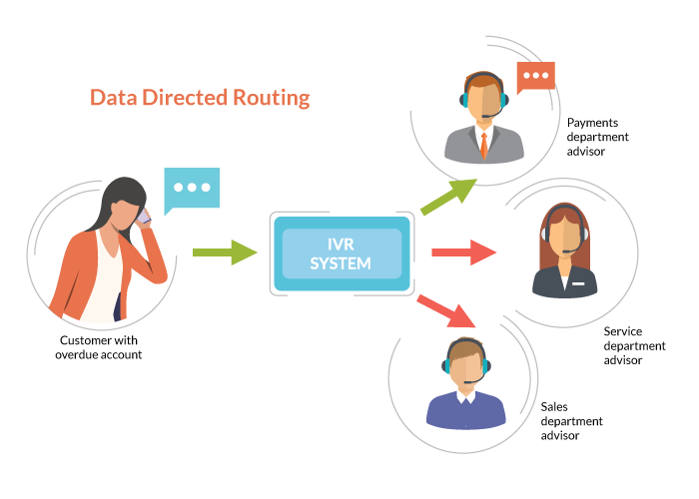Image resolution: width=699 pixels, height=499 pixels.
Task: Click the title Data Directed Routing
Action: click(200, 98)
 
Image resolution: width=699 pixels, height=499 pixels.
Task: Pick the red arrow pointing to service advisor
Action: click(464, 252)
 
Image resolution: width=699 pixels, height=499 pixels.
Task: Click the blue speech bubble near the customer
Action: click(192, 190)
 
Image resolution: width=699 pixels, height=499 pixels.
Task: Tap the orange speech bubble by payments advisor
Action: click(535, 76)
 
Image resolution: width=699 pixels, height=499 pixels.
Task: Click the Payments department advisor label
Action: click(599, 137)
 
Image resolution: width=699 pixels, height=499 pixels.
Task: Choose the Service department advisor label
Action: click(634, 345)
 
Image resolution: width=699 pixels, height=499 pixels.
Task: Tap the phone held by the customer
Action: click(144, 216)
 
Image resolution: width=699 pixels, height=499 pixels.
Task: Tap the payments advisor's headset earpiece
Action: click(464, 100)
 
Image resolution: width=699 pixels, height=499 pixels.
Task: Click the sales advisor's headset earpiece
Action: click(446, 365)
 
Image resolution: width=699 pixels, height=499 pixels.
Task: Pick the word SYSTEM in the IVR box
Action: click(341, 264)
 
